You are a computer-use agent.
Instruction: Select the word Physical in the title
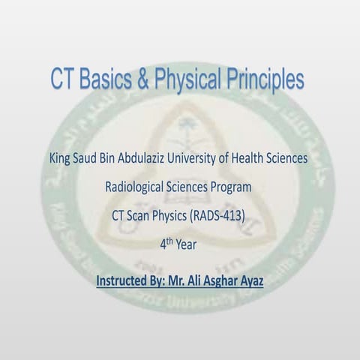point(187,79)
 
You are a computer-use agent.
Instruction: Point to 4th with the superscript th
point(166,243)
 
